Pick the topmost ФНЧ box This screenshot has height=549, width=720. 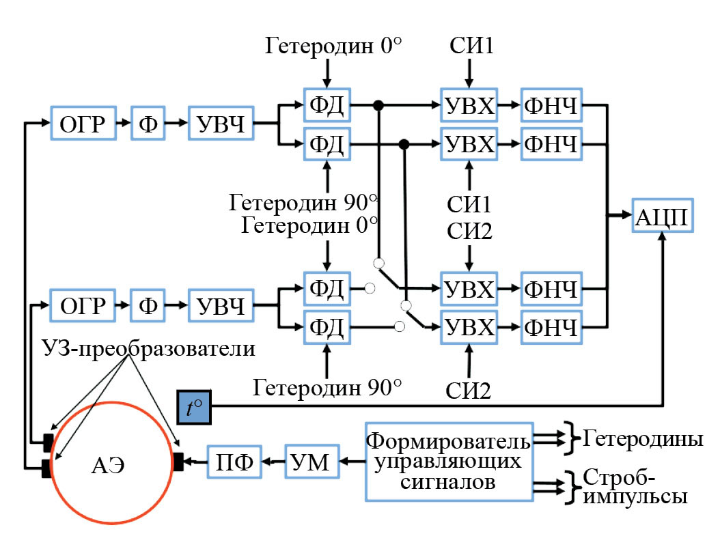[x=552, y=106]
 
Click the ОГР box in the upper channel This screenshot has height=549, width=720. [x=79, y=124]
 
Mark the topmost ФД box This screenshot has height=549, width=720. [x=327, y=106]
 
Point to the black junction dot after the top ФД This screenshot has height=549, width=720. [x=377, y=105]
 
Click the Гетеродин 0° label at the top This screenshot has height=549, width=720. [x=333, y=48]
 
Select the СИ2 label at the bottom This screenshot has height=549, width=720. [x=468, y=391]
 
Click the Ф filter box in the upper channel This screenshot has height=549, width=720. [x=148, y=124]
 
